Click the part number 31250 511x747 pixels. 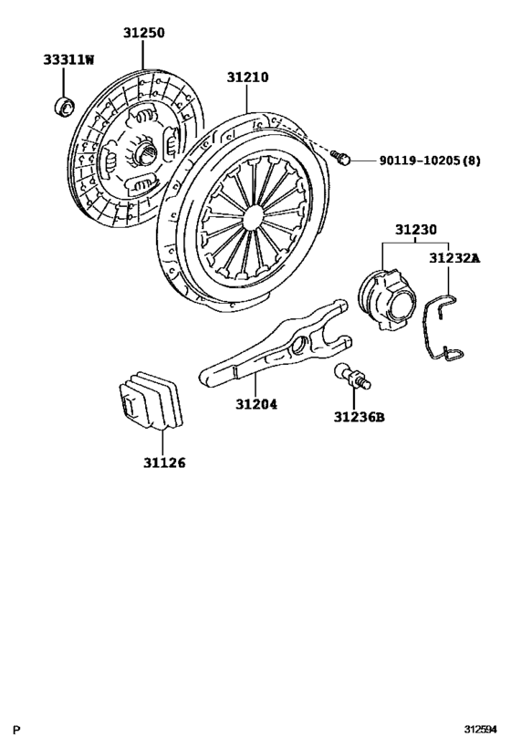(144, 33)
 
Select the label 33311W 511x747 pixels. (68, 60)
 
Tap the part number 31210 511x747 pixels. (247, 78)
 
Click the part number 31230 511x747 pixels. (415, 230)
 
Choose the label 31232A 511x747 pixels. (454, 258)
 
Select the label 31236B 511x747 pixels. (359, 418)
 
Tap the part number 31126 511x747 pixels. (163, 462)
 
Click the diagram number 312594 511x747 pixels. (478, 730)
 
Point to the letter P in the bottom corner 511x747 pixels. (17, 730)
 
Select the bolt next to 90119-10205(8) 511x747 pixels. (343, 159)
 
